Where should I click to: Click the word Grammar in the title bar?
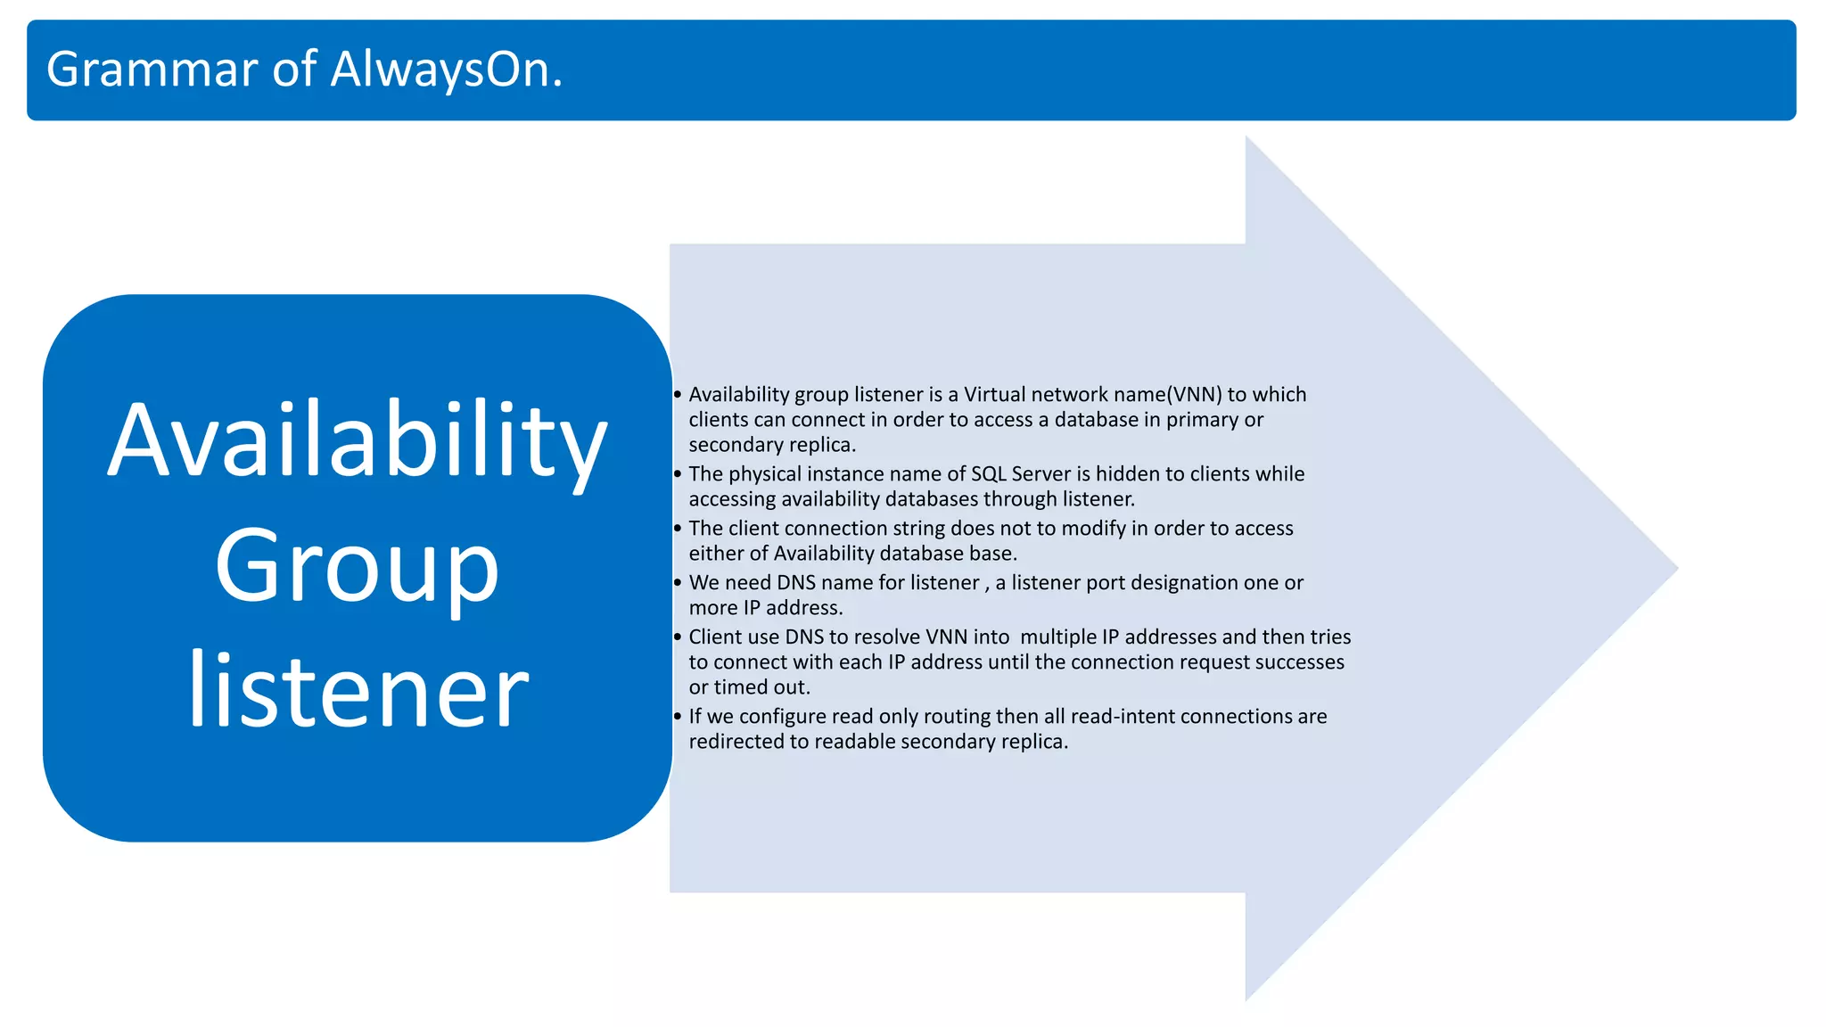tap(152, 70)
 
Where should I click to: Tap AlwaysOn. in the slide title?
tap(446, 70)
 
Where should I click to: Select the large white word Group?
tap(357, 568)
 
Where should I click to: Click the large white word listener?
tap(358, 691)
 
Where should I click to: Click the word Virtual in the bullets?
tap(994, 394)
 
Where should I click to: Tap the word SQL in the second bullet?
tap(988, 473)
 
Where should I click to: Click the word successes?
tap(1299, 661)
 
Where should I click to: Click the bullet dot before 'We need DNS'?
tap(678, 583)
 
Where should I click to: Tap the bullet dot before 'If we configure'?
tap(678, 717)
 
